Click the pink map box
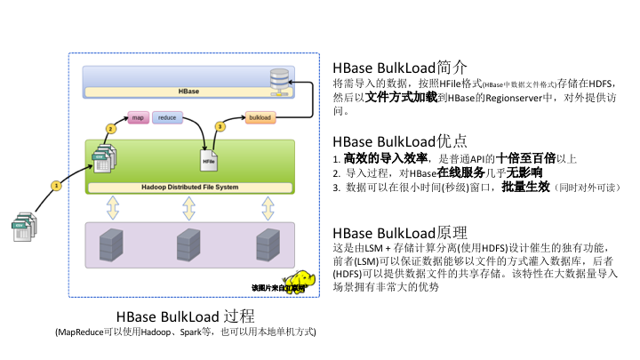point(138,117)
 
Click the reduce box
point(167,117)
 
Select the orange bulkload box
point(260,117)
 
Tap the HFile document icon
point(209,160)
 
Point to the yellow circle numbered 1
point(55,186)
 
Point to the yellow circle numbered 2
point(111,128)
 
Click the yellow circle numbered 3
point(220,127)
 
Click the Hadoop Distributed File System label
point(189,188)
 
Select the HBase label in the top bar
point(188,92)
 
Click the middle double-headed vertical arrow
point(188,208)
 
